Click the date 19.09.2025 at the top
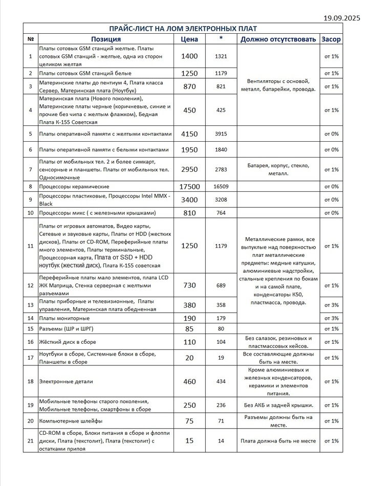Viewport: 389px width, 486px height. coord(342,18)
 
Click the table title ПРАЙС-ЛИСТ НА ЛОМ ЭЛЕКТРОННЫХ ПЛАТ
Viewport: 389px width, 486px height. coord(184,28)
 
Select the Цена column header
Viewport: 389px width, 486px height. coord(189,39)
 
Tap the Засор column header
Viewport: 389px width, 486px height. coord(331,39)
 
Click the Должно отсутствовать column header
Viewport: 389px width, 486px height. coord(278,39)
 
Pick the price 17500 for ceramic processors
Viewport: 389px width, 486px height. coord(189,187)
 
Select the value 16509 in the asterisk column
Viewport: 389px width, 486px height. coord(221,187)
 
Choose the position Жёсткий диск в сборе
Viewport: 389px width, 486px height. coord(67,342)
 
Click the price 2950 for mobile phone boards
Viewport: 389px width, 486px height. coord(189,169)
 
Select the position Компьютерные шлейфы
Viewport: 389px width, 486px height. coord(71,421)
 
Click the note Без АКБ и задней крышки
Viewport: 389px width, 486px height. coord(278,405)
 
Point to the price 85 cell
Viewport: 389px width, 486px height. coord(189,328)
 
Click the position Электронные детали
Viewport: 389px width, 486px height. coord(66,382)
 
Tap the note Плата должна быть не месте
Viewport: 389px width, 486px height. coord(278,440)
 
